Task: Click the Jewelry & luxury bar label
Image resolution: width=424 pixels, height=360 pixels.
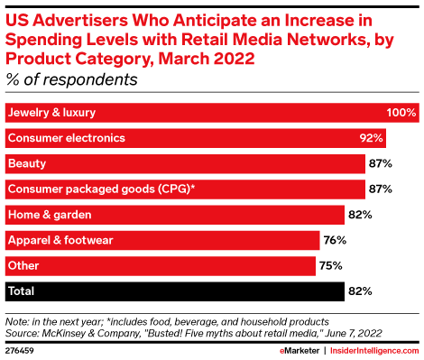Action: click(51, 113)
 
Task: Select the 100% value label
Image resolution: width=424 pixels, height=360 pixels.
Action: click(401, 113)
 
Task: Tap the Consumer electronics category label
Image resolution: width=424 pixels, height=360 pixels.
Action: click(65, 138)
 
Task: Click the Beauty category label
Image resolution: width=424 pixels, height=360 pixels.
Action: click(27, 163)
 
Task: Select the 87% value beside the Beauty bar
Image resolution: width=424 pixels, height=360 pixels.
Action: click(379, 163)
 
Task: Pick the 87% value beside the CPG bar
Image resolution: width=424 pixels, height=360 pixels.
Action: click(379, 189)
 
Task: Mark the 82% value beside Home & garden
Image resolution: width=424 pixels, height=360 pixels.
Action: click(359, 215)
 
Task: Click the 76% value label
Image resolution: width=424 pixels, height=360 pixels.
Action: click(335, 240)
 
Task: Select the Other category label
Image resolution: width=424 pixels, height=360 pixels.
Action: click(23, 265)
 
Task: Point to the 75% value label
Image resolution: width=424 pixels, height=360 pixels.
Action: click(330, 265)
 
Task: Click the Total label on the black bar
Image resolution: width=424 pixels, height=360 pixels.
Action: click(23, 291)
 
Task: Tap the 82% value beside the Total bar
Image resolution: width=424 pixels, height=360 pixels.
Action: click(359, 291)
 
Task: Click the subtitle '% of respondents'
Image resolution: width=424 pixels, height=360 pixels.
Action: click(71, 79)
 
